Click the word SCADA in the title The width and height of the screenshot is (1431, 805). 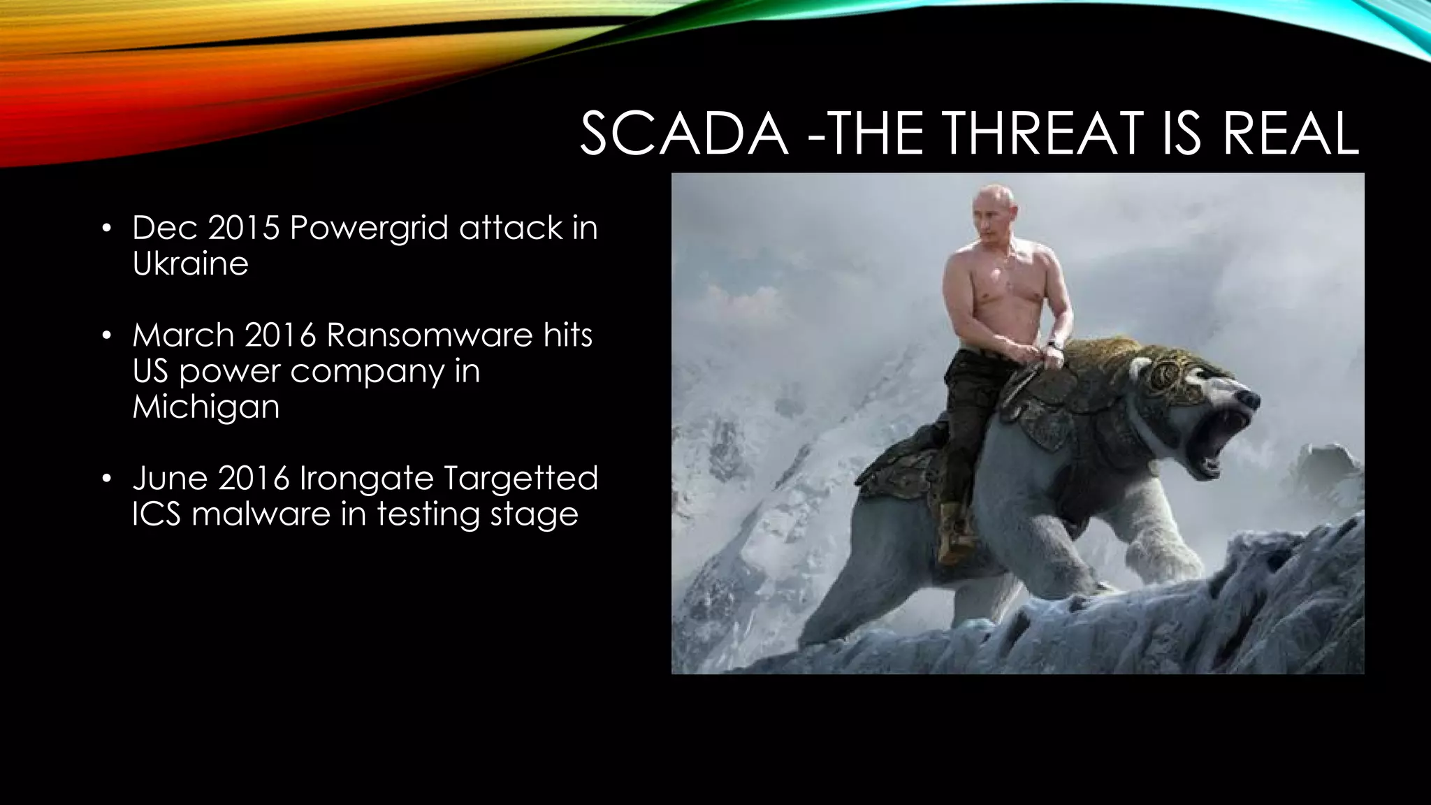pos(683,134)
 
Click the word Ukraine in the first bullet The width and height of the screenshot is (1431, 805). pos(190,263)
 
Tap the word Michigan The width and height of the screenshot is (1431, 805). pos(206,407)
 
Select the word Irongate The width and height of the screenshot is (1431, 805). pos(366,479)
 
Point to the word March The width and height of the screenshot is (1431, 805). pos(183,335)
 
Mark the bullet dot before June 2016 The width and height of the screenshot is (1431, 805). pos(106,479)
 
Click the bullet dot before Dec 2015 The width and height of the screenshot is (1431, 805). pos(106,229)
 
